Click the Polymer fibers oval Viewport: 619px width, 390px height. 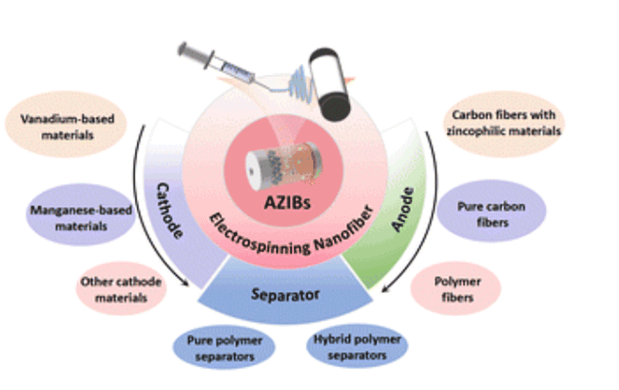(x=456, y=289)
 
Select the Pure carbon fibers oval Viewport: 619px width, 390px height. (x=491, y=215)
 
